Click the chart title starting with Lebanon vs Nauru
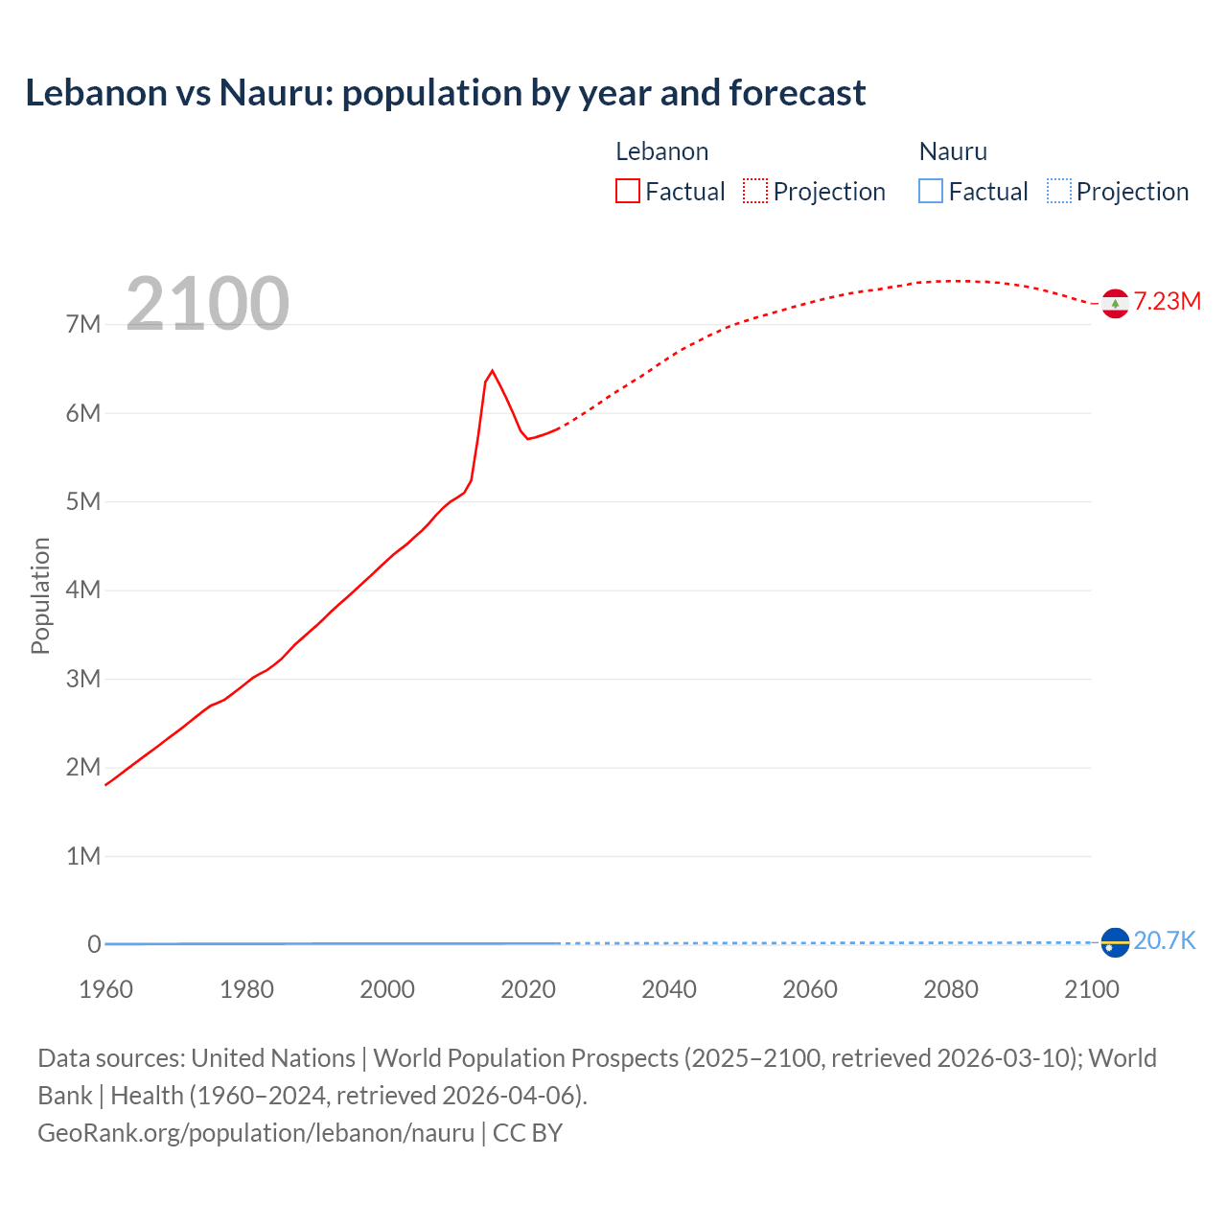point(445,93)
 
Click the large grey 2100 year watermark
point(207,304)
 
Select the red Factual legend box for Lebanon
point(627,192)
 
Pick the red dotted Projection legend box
point(755,192)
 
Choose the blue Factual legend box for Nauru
point(930,192)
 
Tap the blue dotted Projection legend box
point(1058,192)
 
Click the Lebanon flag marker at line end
point(1114,303)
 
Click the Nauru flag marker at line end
point(1114,942)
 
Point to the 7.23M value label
point(1167,302)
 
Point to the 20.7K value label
point(1164,941)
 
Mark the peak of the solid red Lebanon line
point(492,371)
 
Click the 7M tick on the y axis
point(83,325)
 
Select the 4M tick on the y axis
point(83,590)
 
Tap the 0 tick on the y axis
point(94,944)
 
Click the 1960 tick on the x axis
point(105,989)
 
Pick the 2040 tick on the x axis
point(669,989)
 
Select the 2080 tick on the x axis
point(950,989)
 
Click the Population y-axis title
point(40,595)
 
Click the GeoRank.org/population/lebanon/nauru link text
point(256,1133)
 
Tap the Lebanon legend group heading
point(661,151)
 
